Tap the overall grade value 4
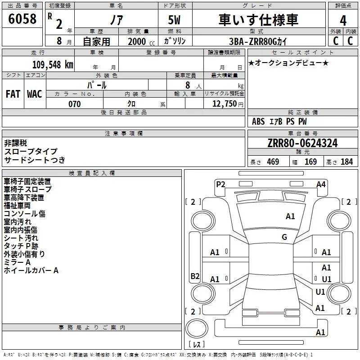tap(343, 21)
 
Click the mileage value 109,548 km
tap(53, 64)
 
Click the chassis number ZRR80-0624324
tap(302, 143)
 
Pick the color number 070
tap(74, 104)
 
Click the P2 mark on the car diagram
tap(220, 184)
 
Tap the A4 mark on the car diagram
tap(321, 184)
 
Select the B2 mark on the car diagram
tap(195, 276)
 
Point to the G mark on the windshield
tap(284, 237)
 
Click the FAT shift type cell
tap(13, 94)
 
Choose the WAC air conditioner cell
tap(35, 94)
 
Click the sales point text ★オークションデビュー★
tap(288, 63)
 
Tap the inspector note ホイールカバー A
tap(31, 270)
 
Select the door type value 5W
tap(175, 20)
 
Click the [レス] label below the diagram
tap(196, 344)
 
